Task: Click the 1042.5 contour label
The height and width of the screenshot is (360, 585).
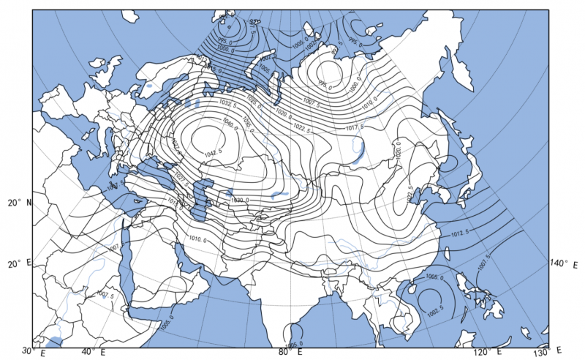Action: (214, 152)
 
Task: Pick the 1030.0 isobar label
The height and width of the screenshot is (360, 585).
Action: (239, 200)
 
